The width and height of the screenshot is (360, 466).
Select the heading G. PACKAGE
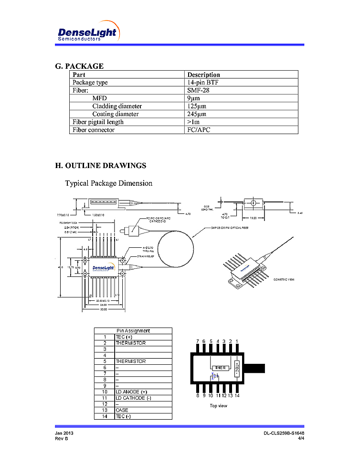click(x=79, y=66)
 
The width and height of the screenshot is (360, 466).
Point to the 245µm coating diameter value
click(x=197, y=114)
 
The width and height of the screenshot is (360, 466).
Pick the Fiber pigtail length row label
click(x=98, y=122)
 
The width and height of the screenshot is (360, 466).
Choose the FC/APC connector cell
click(x=199, y=130)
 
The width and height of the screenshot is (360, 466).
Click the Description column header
click(x=204, y=74)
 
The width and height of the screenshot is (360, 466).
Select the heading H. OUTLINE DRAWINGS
click(x=101, y=166)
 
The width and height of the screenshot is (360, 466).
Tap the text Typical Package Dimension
click(x=109, y=183)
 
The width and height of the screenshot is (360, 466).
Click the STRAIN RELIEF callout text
click(x=146, y=256)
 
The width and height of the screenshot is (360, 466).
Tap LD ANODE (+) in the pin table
click(x=131, y=392)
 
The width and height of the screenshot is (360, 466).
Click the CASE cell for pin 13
click(x=122, y=410)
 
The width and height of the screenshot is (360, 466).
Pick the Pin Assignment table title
click(x=133, y=330)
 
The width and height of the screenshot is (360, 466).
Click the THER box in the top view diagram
click(x=220, y=368)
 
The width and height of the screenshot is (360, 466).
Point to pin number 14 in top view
click(x=237, y=396)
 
